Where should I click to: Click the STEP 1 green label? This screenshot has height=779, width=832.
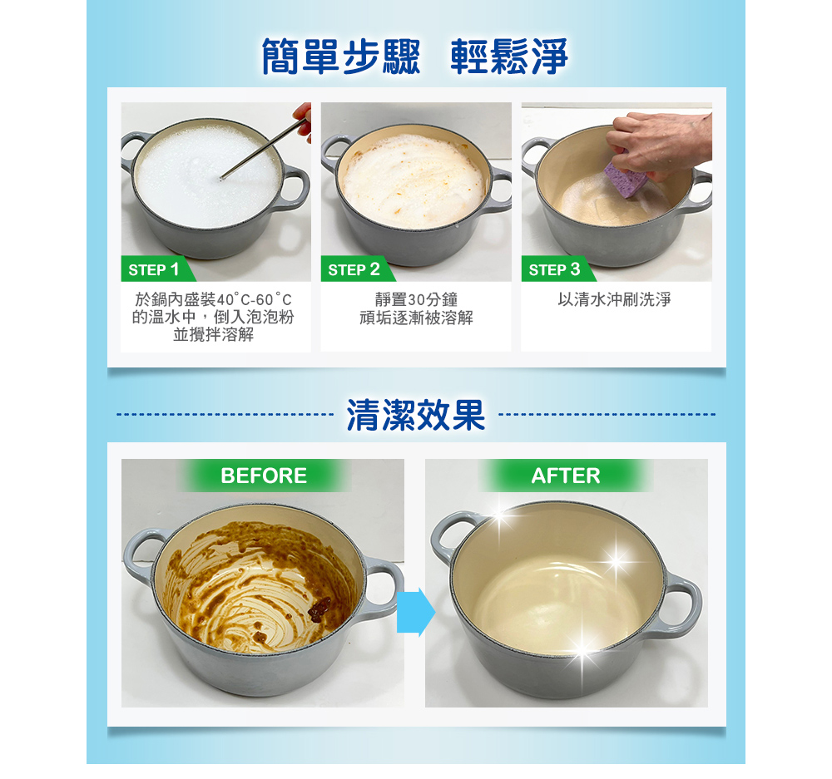tap(156, 269)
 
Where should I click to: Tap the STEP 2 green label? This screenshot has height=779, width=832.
tap(357, 269)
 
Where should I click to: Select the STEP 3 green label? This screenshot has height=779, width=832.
tap(557, 269)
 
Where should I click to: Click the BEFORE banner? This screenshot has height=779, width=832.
tap(264, 476)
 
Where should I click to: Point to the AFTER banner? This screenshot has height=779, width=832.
tap(566, 476)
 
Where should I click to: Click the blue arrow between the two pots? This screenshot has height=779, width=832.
tap(415, 612)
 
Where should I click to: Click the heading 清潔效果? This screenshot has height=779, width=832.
tap(415, 415)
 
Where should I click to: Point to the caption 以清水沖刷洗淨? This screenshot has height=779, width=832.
tap(615, 299)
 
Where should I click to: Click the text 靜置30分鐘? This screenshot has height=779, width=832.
tap(416, 299)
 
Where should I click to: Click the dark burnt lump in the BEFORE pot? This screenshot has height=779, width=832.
tap(319, 609)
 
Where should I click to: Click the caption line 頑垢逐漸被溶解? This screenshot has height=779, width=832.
tap(416, 318)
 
